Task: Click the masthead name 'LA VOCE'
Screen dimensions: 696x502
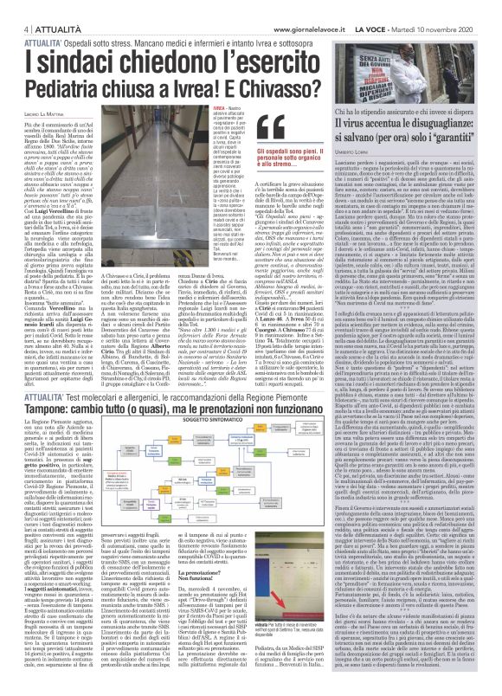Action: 406,6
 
